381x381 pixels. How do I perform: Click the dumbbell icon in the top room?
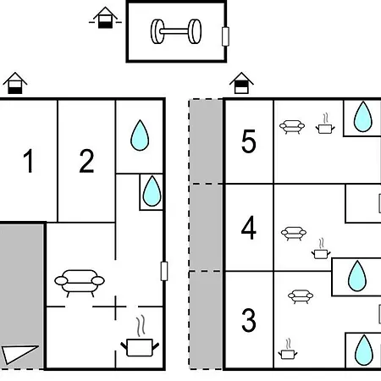click(x=176, y=31)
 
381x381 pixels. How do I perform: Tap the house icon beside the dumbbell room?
click(x=105, y=18)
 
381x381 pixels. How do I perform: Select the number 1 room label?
click(x=29, y=161)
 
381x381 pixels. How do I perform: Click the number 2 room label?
click(x=86, y=161)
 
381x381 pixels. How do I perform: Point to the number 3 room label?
click(x=249, y=320)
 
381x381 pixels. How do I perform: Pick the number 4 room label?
click(x=249, y=228)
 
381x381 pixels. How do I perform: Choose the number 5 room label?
click(x=249, y=141)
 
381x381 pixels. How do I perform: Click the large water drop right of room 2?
click(x=140, y=135)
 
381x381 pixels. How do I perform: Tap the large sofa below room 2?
click(x=80, y=283)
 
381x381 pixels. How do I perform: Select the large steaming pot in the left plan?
click(x=140, y=336)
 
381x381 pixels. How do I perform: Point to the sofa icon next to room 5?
click(x=292, y=127)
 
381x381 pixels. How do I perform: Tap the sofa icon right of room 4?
click(x=294, y=234)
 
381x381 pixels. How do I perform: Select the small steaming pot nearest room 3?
click(x=288, y=349)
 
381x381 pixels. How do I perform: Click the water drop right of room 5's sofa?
click(x=363, y=117)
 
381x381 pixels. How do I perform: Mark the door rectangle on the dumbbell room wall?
click(x=225, y=36)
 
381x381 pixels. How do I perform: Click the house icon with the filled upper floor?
click(x=241, y=83)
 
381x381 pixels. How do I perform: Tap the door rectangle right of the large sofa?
click(x=164, y=271)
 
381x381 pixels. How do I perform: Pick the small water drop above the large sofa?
click(x=152, y=191)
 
